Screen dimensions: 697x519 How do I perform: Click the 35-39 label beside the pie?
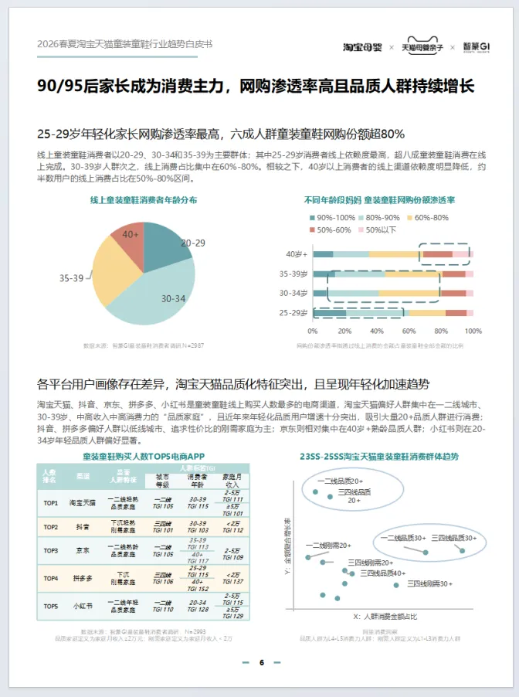coord(71,278)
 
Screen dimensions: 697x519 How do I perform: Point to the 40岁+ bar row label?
coord(297,253)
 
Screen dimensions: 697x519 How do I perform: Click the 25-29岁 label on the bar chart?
coord(293,312)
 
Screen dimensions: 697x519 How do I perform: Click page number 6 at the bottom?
coord(261,662)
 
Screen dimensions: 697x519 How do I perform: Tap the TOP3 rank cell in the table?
coord(50,551)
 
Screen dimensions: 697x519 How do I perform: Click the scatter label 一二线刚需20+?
coord(328,546)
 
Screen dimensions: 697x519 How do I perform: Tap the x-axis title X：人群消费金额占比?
coord(385,617)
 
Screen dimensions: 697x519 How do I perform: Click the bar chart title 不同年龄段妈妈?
coord(332,199)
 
